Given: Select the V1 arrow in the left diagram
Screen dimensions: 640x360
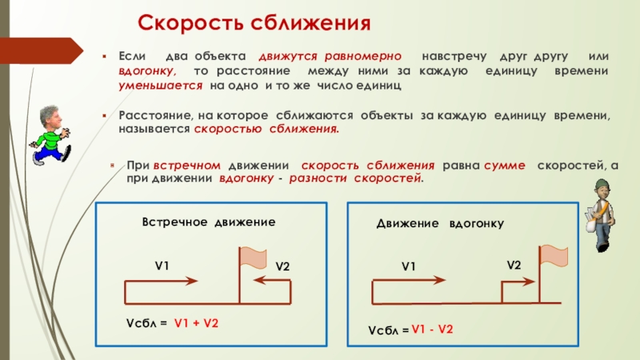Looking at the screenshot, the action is (x=160, y=280).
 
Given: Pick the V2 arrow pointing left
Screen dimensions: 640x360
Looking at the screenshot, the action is (x=268, y=280).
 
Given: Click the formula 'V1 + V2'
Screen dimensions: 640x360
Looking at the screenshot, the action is (x=197, y=322).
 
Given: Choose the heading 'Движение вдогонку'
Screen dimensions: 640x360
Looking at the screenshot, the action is (x=439, y=226).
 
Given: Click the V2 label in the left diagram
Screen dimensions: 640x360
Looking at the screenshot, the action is (x=282, y=266).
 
